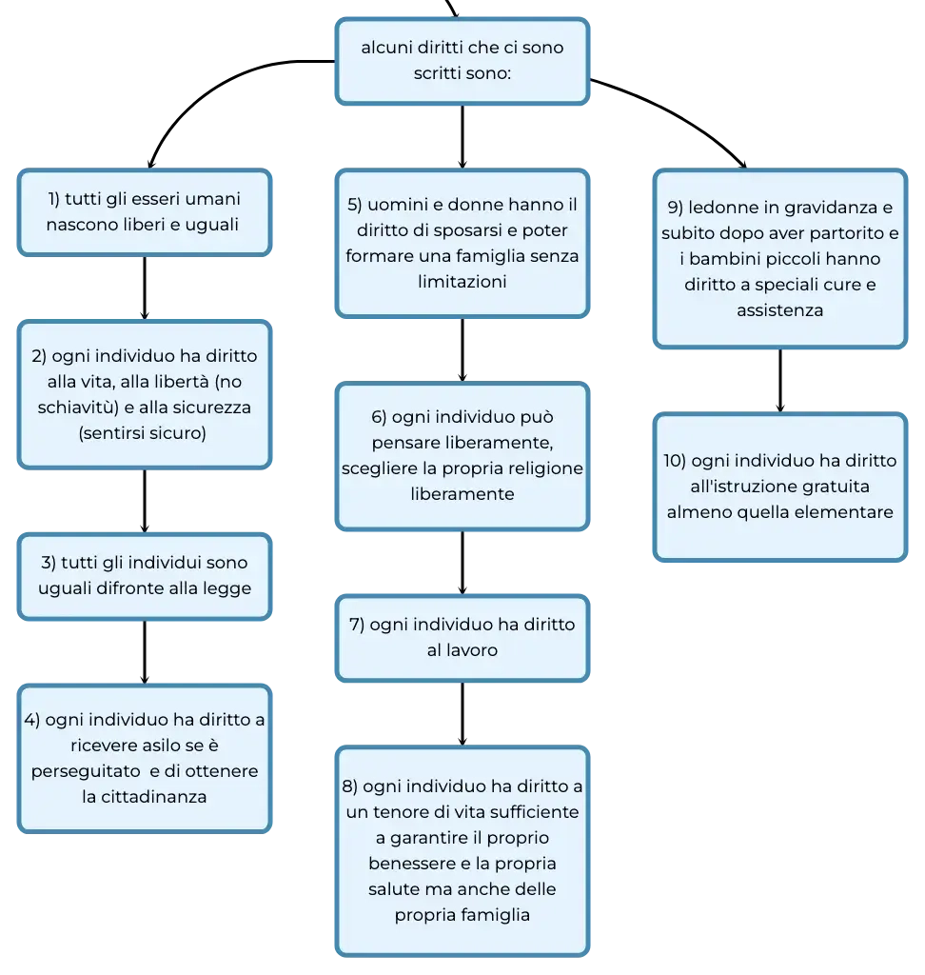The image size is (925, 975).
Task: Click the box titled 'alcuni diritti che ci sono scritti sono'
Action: (x=462, y=61)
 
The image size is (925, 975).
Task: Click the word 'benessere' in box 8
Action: (x=412, y=863)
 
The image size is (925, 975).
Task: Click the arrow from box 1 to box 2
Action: (x=145, y=288)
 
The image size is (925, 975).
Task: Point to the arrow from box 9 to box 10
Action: (x=780, y=380)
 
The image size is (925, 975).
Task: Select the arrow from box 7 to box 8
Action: (x=462, y=713)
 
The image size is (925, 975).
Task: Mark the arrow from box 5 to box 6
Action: (x=462, y=349)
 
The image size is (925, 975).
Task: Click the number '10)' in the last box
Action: (x=675, y=461)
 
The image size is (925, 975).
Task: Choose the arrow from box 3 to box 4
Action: (x=145, y=652)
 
